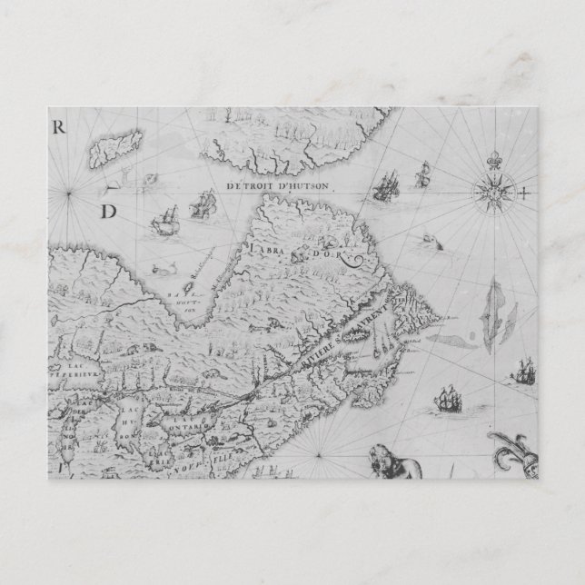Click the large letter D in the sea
point(109,213)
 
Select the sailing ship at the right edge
point(524,371)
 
